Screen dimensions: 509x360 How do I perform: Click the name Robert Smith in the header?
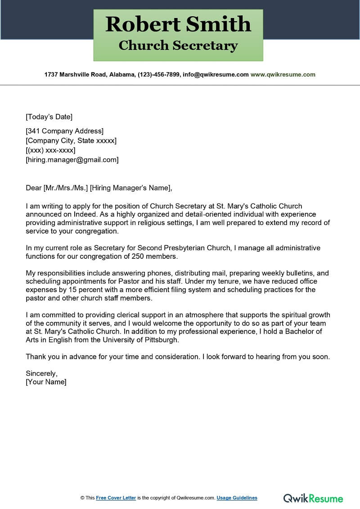click(178, 24)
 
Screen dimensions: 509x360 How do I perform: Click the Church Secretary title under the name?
click(178, 45)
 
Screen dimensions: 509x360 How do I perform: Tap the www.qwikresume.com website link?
click(283, 75)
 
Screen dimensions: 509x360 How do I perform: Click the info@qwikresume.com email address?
click(215, 75)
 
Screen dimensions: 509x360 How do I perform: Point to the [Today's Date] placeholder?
click(49, 117)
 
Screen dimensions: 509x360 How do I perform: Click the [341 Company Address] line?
click(64, 131)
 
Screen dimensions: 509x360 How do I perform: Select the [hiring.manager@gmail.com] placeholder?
click(72, 160)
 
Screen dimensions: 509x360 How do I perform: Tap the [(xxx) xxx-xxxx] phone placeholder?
click(50, 150)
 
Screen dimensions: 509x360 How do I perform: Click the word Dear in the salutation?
click(33, 188)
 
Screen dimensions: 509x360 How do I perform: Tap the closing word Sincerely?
click(41, 374)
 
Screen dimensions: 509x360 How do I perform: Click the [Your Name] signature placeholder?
click(46, 382)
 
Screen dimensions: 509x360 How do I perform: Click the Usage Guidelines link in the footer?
click(237, 498)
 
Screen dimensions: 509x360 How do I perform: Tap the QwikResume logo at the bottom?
click(313, 498)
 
